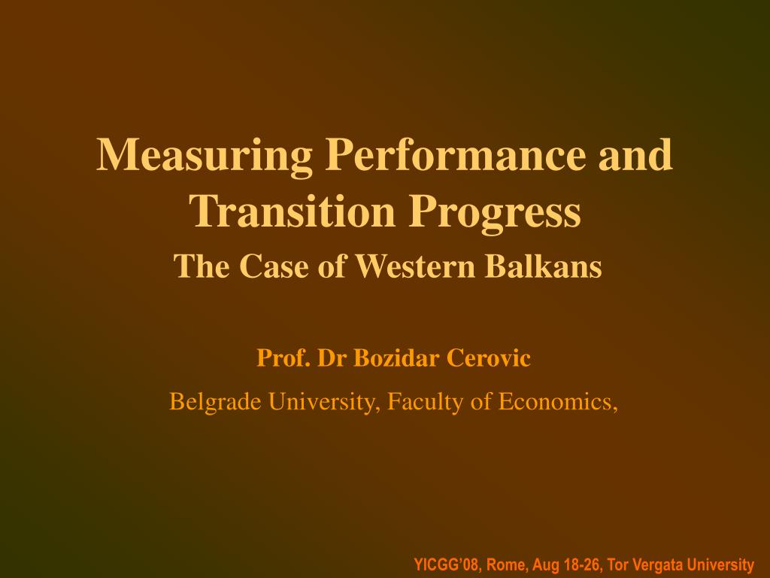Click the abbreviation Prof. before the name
click(283, 358)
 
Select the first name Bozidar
click(397, 358)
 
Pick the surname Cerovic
click(490, 358)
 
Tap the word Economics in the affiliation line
click(559, 403)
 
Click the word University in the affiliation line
click(324, 403)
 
